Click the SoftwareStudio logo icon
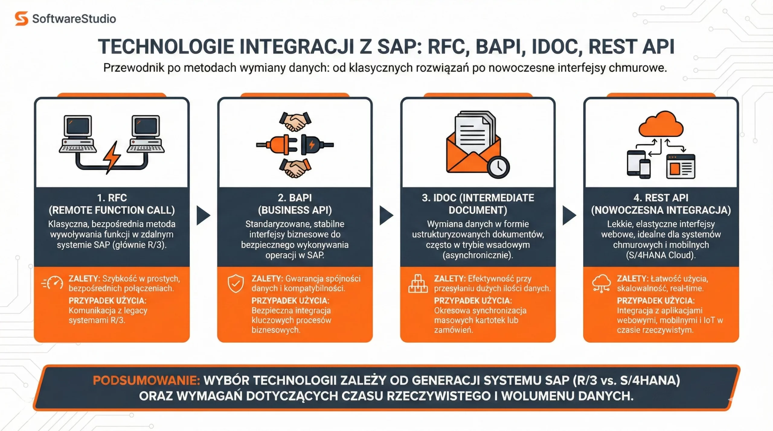click(21, 19)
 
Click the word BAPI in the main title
click(501, 47)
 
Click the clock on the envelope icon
click(498, 167)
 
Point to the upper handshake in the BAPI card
click(295, 121)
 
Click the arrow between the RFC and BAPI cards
click(203, 215)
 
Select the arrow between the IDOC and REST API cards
click(569, 215)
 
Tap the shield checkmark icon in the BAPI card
click(236, 284)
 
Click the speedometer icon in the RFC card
click(53, 284)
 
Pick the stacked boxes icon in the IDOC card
click(418, 284)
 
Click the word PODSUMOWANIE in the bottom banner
click(146, 380)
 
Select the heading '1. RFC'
click(112, 198)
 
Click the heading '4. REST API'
click(661, 198)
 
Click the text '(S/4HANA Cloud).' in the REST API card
click(661, 255)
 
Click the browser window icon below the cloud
click(681, 166)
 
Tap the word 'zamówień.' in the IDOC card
click(453, 330)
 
